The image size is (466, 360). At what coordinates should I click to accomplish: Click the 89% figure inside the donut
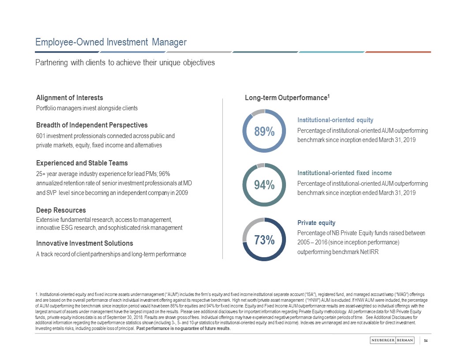[x=264, y=131]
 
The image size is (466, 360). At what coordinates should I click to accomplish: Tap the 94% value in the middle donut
[x=264, y=186]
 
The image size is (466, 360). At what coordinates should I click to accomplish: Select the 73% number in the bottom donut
[x=264, y=240]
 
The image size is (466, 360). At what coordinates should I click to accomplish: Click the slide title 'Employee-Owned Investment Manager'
[x=111, y=42]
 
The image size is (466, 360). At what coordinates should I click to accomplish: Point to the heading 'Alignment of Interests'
[x=69, y=97]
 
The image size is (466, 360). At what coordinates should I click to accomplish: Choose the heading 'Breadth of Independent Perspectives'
[x=92, y=125]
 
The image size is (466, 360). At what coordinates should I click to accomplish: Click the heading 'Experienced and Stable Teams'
[x=82, y=163]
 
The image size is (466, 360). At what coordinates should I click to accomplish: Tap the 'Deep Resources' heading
[x=61, y=210]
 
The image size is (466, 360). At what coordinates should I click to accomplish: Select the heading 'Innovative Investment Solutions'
[x=84, y=243]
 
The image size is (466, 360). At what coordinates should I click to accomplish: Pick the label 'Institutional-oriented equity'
[x=335, y=120]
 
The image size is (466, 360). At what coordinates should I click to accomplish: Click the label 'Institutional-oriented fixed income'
[x=345, y=172]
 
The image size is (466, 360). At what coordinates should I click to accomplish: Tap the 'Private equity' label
[x=316, y=222]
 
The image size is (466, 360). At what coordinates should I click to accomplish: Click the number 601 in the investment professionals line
[x=41, y=136]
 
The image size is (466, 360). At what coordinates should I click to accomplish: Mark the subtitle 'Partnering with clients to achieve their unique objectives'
[x=125, y=63]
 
